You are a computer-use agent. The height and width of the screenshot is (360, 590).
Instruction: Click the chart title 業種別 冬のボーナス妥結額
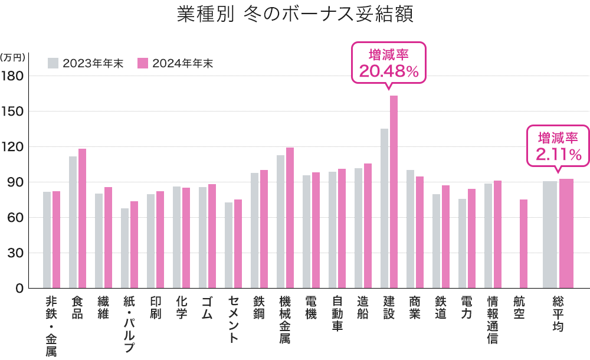[295, 15]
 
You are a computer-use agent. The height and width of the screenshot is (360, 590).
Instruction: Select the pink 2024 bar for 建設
[394, 192]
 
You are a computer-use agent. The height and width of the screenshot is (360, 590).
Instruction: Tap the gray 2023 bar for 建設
[384, 208]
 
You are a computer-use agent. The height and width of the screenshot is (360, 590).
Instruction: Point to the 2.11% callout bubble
[558, 146]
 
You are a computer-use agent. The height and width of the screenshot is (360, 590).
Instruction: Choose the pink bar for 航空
[523, 244]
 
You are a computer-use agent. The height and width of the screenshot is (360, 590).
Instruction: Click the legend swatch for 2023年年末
[53, 63]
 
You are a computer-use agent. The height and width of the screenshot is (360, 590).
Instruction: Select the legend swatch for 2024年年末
[142, 63]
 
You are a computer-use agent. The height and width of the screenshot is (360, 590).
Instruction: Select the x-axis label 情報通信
[492, 319]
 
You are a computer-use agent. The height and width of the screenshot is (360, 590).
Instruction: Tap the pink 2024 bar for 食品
[82, 218]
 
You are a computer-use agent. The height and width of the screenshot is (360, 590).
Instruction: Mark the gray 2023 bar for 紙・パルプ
[124, 248]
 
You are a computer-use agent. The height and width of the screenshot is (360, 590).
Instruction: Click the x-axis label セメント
[233, 319]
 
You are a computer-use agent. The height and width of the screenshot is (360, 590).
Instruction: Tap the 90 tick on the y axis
[16, 182]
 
